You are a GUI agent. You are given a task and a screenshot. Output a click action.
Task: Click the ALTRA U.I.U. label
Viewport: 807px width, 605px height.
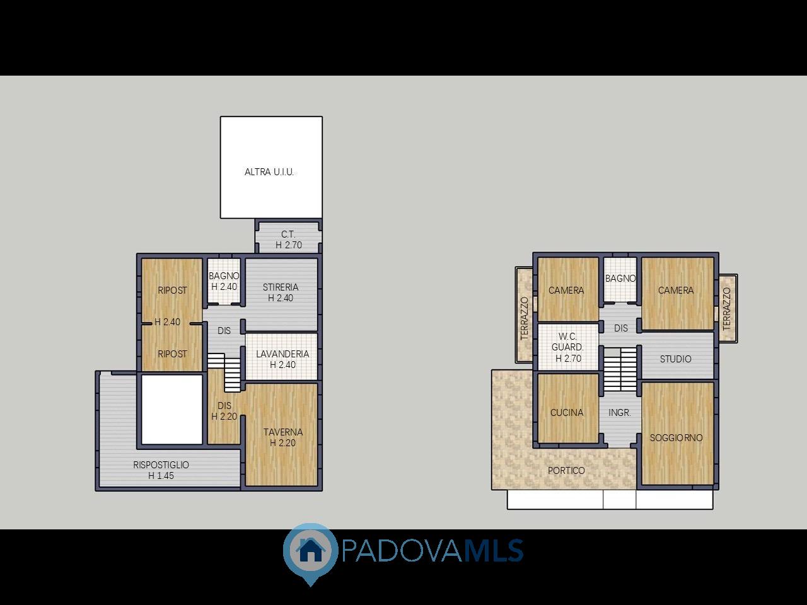(269, 172)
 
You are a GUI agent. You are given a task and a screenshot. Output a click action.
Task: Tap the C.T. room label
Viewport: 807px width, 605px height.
(288, 234)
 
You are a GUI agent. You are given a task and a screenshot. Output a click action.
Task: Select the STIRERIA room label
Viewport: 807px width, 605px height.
(281, 287)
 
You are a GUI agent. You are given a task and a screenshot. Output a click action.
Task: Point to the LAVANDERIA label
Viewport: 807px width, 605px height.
(282, 354)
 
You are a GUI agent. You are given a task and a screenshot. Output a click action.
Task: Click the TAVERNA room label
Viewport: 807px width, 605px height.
(283, 432)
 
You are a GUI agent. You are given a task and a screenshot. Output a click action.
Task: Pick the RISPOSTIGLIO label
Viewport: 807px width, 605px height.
(161, 464)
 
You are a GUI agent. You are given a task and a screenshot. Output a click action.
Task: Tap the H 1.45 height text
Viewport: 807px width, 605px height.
(161, 476)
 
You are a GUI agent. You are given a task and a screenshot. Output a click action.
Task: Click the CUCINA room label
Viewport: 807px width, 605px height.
(567, 413)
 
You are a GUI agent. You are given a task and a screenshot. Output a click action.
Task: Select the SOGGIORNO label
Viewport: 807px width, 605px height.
(676, 438)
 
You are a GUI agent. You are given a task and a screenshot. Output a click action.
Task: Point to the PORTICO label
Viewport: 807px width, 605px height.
(566, 471)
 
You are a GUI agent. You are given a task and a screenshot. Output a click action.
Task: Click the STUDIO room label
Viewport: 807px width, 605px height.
(676, 359)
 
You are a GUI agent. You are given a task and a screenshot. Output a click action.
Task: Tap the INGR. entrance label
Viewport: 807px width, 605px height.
(620, 413)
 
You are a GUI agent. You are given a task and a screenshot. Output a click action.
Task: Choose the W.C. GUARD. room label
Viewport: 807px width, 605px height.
(567, 342)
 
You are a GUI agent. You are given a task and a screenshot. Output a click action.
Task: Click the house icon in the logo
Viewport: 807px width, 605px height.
(311, 550)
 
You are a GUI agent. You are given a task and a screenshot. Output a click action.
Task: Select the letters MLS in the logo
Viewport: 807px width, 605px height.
(493, 551)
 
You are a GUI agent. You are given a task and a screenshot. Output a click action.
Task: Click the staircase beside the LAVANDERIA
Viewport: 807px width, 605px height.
(224, 372)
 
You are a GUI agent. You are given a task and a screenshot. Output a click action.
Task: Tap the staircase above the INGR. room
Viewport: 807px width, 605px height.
(620, 369)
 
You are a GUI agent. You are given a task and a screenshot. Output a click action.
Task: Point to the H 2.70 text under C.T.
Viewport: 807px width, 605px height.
(289, 245)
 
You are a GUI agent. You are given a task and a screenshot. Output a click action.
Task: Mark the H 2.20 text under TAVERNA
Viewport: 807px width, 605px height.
(282, 443)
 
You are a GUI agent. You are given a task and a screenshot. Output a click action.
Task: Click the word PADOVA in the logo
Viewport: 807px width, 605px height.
(402, 551)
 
